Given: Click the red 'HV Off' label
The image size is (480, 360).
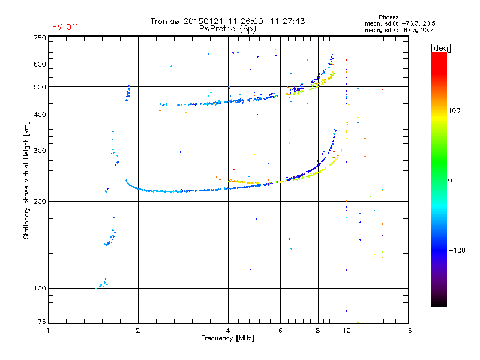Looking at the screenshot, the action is click(65, 27).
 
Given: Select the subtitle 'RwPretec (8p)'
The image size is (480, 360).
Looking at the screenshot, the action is click(227, 29).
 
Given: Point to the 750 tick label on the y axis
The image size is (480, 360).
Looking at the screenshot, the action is click(40, 38).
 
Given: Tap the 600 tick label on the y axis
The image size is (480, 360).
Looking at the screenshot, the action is click(40, 64).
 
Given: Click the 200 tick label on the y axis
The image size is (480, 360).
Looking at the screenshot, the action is click(40, 202).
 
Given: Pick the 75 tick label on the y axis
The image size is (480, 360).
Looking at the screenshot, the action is click(42, 322).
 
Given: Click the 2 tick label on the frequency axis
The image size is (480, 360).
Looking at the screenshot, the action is click(138, 331).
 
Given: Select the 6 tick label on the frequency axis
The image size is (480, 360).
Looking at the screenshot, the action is click(280, 331).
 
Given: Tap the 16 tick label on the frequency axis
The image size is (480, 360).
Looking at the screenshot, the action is click(408, 331).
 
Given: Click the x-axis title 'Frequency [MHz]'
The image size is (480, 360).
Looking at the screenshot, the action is click(227, 338).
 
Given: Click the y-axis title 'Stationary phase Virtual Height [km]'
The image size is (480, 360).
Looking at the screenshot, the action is click(26, 180).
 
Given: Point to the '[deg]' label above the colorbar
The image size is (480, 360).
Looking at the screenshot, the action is click(440, 48).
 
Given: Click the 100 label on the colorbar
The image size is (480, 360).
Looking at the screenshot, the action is click(454, 110).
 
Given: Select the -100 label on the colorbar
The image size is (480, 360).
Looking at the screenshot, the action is click(457, 250).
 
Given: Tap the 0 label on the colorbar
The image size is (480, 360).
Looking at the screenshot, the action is click(450, 181).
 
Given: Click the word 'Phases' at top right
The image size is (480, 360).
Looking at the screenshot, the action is click(388, 17).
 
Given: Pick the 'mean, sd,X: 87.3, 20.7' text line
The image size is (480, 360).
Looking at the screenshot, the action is click(399, 31).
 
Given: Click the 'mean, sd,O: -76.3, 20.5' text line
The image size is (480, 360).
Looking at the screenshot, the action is click(400, 24).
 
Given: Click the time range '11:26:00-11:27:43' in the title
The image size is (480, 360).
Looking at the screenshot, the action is click(266, 21).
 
